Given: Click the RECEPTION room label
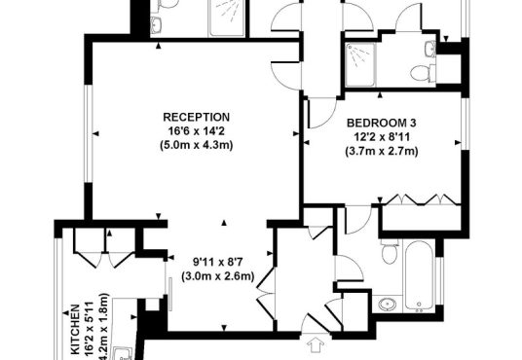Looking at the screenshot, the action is pos(196,117).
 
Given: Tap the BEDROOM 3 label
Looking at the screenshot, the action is pos(382,123).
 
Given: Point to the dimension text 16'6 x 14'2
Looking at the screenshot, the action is pos(196,131).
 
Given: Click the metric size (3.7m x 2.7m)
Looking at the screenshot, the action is pos(382,151).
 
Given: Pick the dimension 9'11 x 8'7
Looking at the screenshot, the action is pos(218,262).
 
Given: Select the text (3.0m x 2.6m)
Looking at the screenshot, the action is pos(218,276).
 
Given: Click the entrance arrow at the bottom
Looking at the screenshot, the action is pos(316,345).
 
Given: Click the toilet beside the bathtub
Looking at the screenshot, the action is pos(391,251).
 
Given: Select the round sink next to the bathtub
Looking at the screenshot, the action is pos(388,304).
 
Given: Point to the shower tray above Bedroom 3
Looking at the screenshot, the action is pos(360,64).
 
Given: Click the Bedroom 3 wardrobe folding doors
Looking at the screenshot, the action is pos(422,199).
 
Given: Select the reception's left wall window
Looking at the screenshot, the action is pos(89,133).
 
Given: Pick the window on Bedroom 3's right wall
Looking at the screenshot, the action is pos(466,124).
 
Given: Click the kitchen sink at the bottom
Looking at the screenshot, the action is pos(123,353).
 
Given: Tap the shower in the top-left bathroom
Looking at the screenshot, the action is pos(226,18).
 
